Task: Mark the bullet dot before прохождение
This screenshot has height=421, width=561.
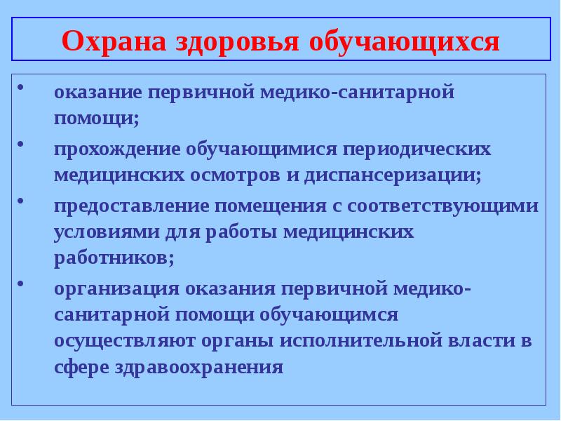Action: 21,145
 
